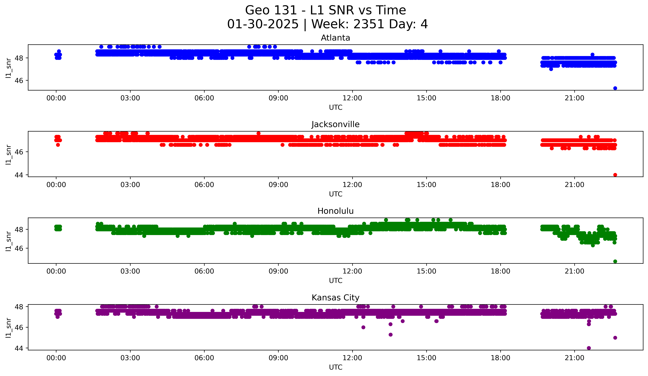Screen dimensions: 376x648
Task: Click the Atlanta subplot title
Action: pos(335,38)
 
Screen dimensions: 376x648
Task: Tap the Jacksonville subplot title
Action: pos(335,124)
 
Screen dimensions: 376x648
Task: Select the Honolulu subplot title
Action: pos(335,211)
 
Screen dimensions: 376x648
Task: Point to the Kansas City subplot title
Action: pos(335,298)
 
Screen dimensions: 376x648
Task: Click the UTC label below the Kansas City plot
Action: pos(335,367)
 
